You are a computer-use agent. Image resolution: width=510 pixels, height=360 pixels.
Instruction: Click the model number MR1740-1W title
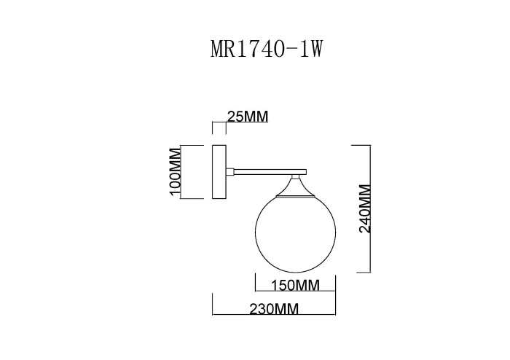point(266,49)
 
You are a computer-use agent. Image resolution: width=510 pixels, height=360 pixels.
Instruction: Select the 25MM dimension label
point(248,117)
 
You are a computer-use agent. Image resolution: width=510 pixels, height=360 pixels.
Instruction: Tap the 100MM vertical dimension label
point(174,172)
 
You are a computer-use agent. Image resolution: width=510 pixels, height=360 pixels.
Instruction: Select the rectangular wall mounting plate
point(219,172)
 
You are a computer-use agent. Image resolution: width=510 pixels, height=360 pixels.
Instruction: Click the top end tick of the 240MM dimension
point(362,144)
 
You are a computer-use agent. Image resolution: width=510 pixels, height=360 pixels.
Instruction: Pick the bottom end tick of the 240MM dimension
point(362,271)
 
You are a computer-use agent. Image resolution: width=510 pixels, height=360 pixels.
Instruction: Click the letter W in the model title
point(315,49)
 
